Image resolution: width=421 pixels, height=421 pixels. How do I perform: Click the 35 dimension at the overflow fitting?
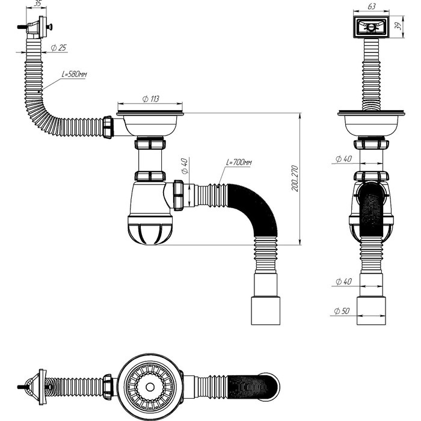tap(37, 4)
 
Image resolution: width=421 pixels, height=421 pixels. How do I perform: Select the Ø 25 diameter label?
tap(58, 48)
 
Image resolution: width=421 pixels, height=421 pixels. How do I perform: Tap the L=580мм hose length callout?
tap(75, 74)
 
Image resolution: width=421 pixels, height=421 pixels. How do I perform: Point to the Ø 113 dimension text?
tap(150, 99)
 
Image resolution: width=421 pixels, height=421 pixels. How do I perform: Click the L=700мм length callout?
tap(239, 162)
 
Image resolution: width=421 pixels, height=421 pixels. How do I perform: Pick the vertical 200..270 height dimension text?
tap(295, 179)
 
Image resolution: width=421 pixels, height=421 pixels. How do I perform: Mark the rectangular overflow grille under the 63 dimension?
tap(369, 26)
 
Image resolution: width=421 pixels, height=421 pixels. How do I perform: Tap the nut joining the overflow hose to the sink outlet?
tap(109, 128)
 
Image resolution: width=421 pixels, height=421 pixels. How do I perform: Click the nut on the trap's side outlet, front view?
tap(179, 195)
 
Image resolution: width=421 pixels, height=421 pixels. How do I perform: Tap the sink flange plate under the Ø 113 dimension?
tap(150, 112)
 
